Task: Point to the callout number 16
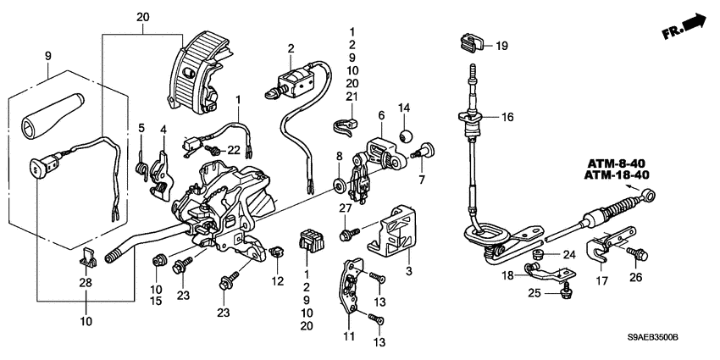pyautogui.click(x=507, y=119)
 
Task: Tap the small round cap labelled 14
pyautogui.click(x=405, y=136)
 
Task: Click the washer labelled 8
pyautogui.click(x=338, y=184)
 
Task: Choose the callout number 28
pyautogui.click(x=85, y=281)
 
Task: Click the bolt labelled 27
pyautogui.click(x=348, y=230)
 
